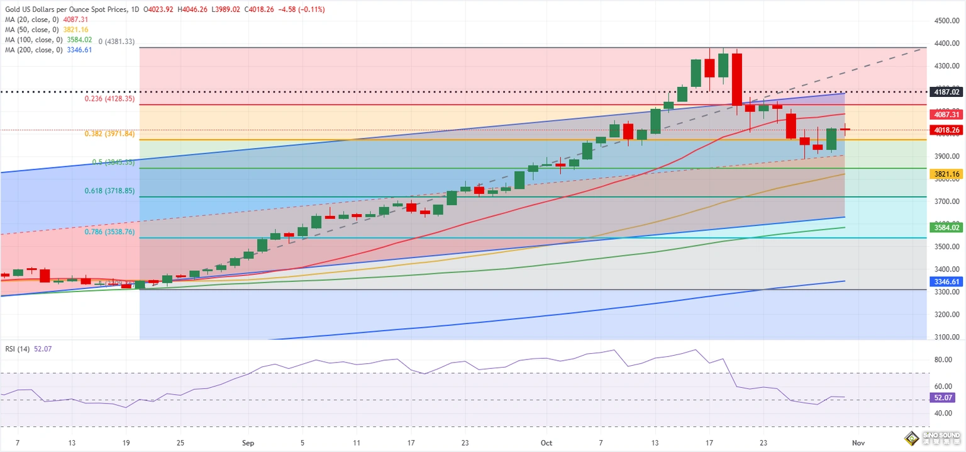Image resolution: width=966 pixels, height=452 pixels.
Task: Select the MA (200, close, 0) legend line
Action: [x=47, y=50]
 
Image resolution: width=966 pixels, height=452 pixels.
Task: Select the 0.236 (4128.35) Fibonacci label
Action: [x=109, y=99]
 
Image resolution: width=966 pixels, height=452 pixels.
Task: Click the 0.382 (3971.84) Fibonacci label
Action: [x=109, y=134]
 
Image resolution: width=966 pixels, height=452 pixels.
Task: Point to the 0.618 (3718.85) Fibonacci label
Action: [x=109, y=191]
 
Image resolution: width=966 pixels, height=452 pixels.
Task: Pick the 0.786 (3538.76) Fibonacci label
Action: [x=109, y=232]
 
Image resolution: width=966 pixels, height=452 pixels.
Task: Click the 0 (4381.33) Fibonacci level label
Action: [x=116, y=42]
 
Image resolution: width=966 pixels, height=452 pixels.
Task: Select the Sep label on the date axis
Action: [x=248, y=443]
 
